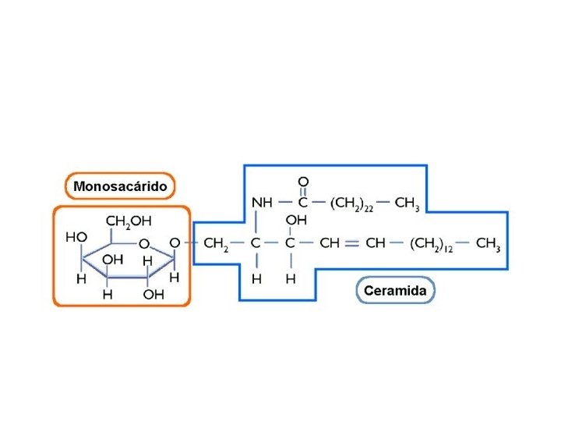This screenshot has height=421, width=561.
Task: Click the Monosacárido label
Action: pos(120,186)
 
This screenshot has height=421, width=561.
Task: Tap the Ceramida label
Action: pos(396,291)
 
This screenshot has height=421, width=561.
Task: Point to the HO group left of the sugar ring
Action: pos(76,236)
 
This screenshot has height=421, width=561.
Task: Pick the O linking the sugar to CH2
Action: pos(175,243)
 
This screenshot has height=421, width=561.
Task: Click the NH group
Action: pos(262,203)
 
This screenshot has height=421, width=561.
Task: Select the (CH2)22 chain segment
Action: pos(352,203)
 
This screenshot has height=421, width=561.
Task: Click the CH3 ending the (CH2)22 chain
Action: pos(408,203)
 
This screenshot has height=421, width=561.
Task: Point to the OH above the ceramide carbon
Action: pos(296,221)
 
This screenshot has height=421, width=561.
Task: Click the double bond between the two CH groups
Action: pos(351,243)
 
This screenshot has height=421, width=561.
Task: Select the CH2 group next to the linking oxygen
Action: pos(216,244)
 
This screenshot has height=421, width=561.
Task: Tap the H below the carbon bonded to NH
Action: pos(256,278)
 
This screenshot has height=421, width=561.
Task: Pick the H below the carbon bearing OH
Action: pos(290,278)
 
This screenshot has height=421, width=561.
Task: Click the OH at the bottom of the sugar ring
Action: pos(153,295)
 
